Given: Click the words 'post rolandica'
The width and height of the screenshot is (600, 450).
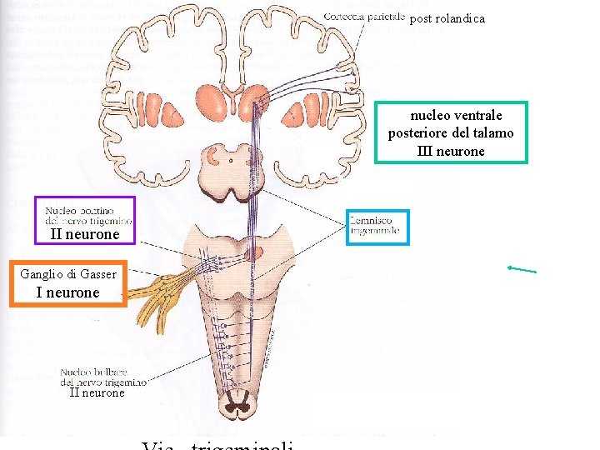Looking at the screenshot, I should (x=447, y=18).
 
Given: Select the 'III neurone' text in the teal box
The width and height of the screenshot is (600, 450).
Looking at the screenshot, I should (x=451, y=151).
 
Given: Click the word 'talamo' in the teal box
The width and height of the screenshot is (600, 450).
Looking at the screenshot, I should (x=495, y=133).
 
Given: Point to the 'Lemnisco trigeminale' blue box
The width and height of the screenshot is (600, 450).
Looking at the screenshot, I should (x=377, y=226).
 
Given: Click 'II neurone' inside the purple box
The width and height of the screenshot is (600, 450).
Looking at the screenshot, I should (x=85, y=235).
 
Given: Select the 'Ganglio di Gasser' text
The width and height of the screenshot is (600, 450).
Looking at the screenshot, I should (x=67, y=274).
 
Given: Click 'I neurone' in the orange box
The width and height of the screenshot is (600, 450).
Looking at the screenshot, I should (x=67, y=292).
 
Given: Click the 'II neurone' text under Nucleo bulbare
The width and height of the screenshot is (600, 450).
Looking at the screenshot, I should (x=97, y=392).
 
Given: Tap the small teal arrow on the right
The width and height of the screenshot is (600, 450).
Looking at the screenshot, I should (x=522, y=269).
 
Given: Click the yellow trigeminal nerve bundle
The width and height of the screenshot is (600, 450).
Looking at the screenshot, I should (x=167, y=287).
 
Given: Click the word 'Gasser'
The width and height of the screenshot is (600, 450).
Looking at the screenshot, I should (x=98, y=274).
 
